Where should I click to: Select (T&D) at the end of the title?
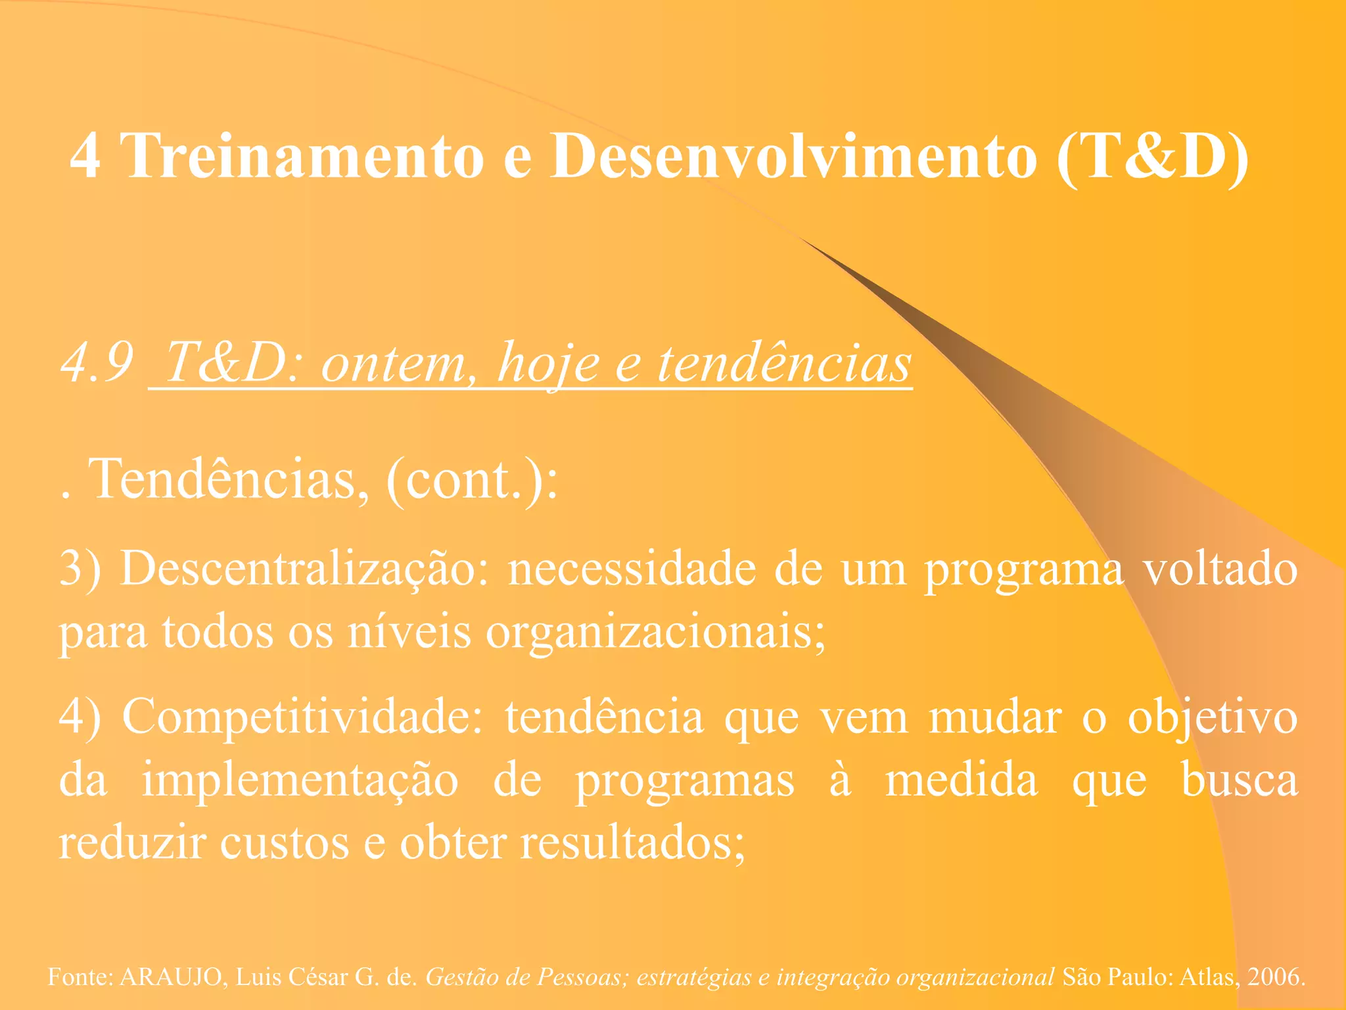coord(1152,156)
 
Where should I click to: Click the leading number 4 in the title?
coord(85,156)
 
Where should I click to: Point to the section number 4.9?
coord(97,363)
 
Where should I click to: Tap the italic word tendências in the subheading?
coord(785,363)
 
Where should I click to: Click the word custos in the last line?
coord(284,843)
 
